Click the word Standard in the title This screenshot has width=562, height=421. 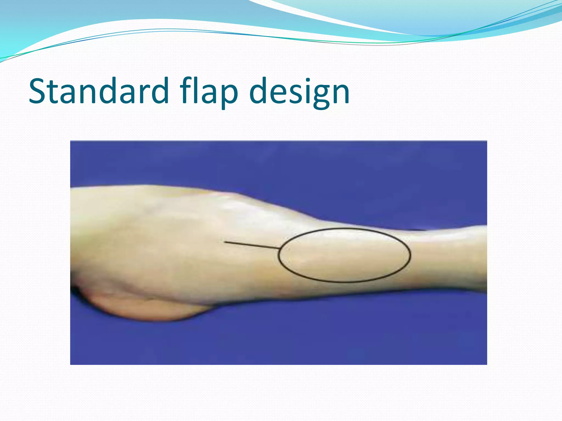[x=99, y=91]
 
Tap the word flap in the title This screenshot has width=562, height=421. [x=209, y=91]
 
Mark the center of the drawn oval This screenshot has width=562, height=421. [x=344, y=255]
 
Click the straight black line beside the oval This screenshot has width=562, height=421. [x=251, y=245]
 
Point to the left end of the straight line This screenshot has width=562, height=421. [x=225, y=242]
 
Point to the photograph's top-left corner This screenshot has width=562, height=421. [x=71, y=141]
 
